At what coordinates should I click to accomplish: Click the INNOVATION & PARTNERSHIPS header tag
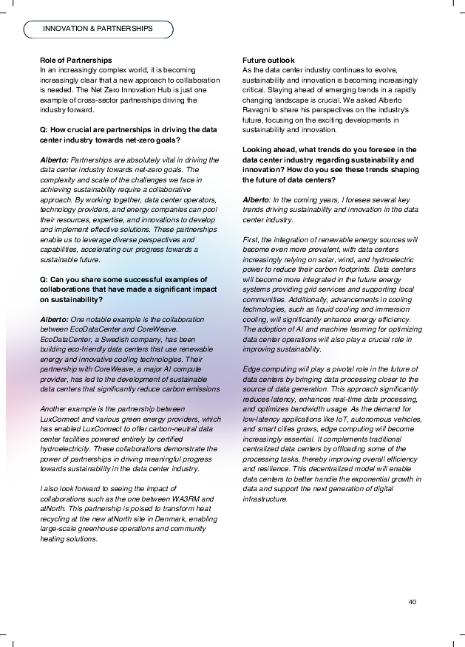point(98,29)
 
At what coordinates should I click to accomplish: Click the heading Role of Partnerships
point(76,60)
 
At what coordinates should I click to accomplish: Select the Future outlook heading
point(268,60)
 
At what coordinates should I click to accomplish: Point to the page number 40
point(413,601)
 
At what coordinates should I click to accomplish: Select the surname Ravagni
point(259,110)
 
